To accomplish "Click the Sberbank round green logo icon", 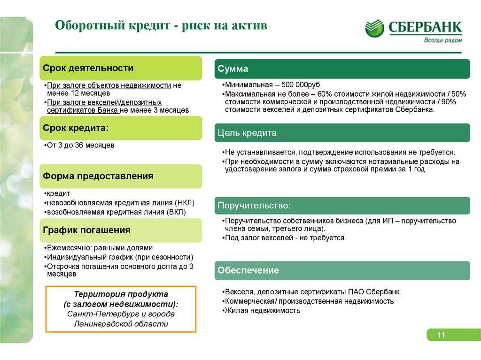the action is point(374,28).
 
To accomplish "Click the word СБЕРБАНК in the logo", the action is point(425,27).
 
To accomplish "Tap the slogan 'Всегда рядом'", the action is point(442,40).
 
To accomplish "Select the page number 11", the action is point(441,335).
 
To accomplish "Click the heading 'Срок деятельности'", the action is point(88,68).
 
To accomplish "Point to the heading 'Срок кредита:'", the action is point(76,128).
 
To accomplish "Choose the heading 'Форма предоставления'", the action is point(98,176).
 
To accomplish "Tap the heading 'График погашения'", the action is point(86,230).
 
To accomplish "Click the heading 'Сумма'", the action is point(233,69).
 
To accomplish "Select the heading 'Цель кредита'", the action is point(247,133).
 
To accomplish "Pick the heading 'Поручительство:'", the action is point(254,205).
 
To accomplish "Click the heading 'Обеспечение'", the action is point(248,270).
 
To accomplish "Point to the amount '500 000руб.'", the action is point(301,84).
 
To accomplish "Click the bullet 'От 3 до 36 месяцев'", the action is point(80,145).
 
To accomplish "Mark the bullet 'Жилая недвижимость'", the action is point(261,310).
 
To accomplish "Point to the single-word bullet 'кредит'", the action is point(57,193).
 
